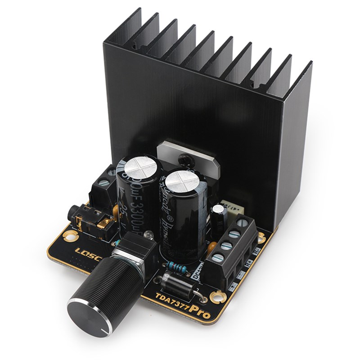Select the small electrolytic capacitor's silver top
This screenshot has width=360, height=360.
(x=219, y=208)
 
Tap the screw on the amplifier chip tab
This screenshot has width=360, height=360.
(x=183, y=158)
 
